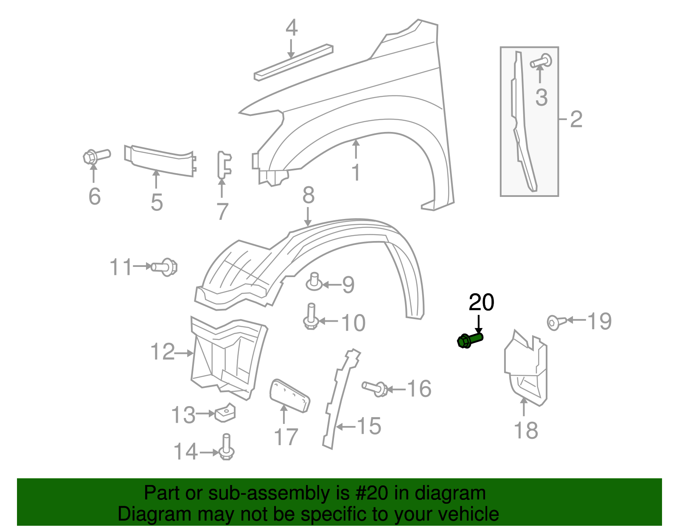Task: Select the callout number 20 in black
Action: (481, 303)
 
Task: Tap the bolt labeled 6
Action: (96, 157)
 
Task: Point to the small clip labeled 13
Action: (225, 412)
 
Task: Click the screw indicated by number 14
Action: (227, 447)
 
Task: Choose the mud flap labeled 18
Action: (526, 369)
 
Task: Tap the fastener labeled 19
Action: (556, 322)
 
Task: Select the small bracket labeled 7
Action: (224, 165)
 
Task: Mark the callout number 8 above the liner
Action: (309, 196)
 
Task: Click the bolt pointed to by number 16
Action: (375, 388)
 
